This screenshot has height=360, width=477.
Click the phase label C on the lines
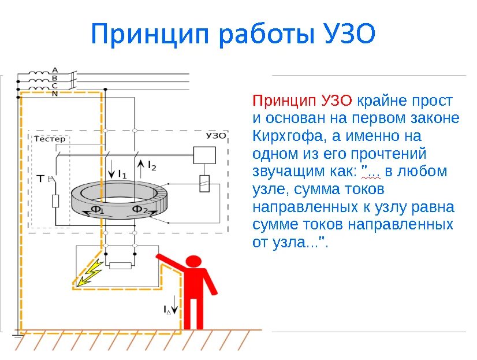pyautogui.click(x=55, y=86)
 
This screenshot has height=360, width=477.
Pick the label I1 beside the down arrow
pyautogui.click(x=122, y=173)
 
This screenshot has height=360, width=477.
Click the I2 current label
pyautogui.click(x=152, y=166)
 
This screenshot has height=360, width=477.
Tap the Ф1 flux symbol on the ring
pyautogui.click(x=98, y=209)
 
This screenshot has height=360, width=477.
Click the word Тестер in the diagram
pyautogui.click(x=50, y=139)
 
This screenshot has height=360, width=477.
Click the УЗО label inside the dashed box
pyautogui.click(x=215, y=136)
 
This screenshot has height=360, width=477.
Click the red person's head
pyautogui.click(x=195, y=262)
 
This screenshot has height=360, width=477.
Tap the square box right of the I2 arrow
pyautogui.click(x=204, y=155)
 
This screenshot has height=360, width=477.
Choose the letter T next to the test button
pyautogui.click(x=40, y=179)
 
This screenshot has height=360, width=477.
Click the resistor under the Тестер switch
pyautogui.click(x=55, y=201)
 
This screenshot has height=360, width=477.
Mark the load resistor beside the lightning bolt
pyautogui.click(x=121, y=266)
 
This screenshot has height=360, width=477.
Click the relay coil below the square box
pyautogui.click(x=204, y=184)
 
